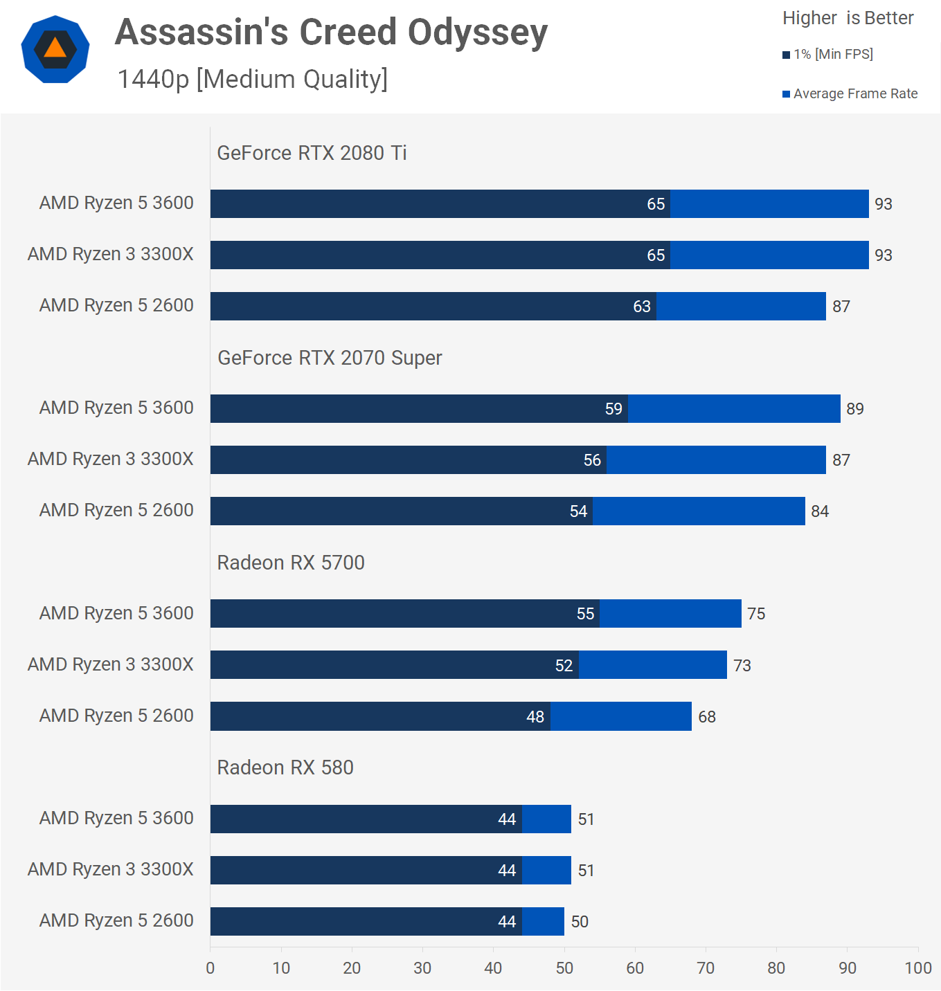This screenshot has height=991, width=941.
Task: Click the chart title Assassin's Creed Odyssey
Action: pos(331,33)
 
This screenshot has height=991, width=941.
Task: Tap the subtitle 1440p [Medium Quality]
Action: pos(253,80)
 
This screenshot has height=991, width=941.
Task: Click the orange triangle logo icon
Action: pos(55,48)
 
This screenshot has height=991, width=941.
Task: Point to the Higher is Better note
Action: pos(848,18)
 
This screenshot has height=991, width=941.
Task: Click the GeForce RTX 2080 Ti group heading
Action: pos(312,153)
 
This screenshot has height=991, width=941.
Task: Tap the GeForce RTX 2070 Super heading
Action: pos(330,358)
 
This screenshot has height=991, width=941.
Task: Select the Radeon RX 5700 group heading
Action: pos(291,563)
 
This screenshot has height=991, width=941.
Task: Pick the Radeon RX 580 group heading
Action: pos(285,767)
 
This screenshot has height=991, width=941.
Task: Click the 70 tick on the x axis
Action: pos(706,967)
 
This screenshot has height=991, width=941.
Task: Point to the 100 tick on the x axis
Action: pos(918,967)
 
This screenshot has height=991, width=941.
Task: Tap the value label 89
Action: pos(855,409)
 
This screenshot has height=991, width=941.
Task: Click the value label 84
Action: pos(820,511)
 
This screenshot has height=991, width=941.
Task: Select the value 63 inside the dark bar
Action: pos(642,307)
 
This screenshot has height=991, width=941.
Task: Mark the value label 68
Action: pos(707,717)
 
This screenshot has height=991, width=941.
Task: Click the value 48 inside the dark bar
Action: pos(535,717)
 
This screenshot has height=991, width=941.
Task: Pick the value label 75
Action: pos(756,614)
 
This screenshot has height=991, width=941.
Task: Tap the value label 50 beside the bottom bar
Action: pos(580,922)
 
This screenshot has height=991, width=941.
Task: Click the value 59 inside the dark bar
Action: pos(613,409)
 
